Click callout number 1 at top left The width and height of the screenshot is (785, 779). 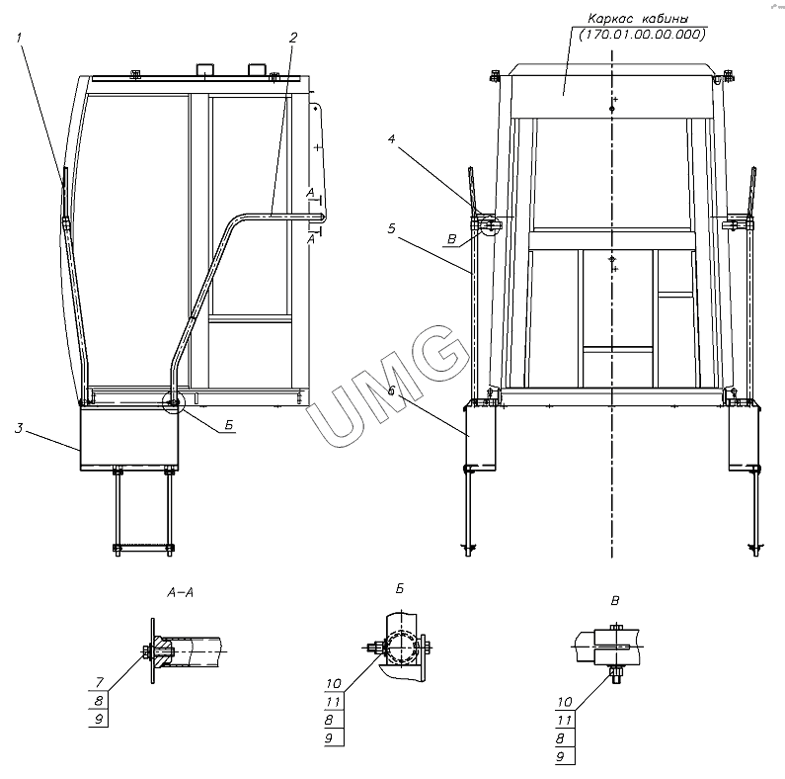coord(20,39)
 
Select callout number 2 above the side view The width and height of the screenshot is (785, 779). coord(293,38)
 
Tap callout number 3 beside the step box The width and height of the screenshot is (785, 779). coord(19,429)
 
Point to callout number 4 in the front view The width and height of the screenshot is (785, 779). coord(391,138)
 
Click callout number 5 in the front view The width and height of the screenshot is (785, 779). coord(391,228)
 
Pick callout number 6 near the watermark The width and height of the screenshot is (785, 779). coord(391,390)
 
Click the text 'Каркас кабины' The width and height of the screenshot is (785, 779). coord(638,19)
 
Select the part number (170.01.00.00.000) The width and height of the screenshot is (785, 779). coord(642,35)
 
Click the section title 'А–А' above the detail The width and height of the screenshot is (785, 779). coord(181,593)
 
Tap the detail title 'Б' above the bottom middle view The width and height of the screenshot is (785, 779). coord(400,589)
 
